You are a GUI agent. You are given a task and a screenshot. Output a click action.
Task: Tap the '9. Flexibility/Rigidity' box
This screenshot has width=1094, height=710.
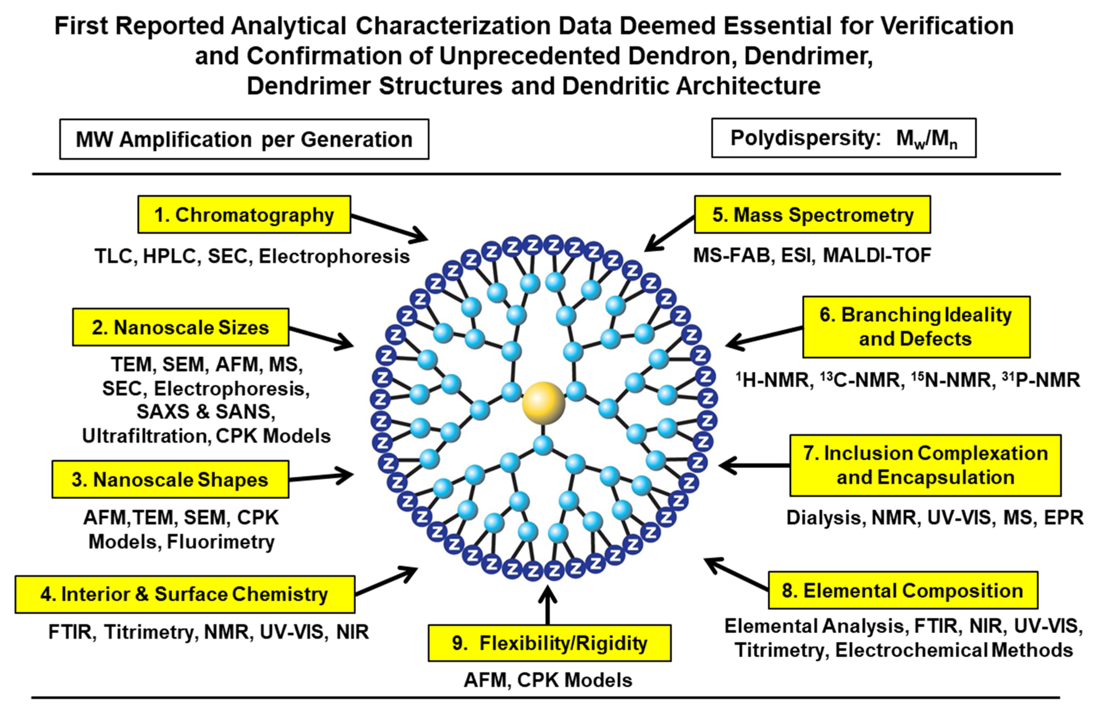pyautogui.click(x=549, y=643)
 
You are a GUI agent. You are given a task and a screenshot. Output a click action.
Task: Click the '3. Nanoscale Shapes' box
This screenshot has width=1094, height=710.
pyautogui.click(x=170, y=480)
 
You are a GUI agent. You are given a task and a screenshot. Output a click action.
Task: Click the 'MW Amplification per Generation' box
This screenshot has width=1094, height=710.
pyautogui.click(x=244, y=139)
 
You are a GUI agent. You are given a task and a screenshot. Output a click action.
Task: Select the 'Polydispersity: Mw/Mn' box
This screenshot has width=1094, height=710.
pyautogui.click(x=844, y=138)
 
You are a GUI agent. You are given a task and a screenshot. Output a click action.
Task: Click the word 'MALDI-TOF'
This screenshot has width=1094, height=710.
pyautogui.click(x=877, y=255)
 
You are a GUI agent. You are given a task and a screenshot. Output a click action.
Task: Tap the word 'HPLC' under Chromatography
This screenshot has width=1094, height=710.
pyautogui.click(x=169, y=256)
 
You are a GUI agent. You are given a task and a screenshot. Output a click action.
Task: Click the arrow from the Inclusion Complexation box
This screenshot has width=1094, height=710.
pyautogui.click(x=754, y=465)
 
